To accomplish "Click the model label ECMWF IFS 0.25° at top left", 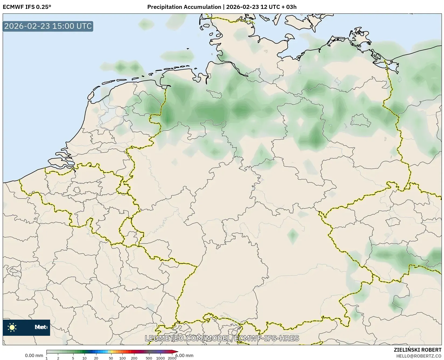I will (x=27, y=7).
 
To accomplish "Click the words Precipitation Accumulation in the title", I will (x=184, y=7).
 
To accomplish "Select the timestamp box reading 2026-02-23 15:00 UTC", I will (x=48, y=26).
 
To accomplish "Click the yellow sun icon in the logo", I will (x=12, y=327).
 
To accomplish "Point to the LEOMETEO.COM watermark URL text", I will (x=222, y=338).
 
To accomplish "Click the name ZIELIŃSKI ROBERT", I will (x=418, y=350).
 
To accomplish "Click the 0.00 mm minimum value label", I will (x=34, y=356).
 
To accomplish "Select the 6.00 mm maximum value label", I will (x=184, y=356).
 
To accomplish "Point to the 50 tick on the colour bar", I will (x=111, y=358).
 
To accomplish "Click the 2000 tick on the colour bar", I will (x=172, y=358).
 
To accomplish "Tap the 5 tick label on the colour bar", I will (x=73, y=358).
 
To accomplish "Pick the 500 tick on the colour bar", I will (x=149, y=358).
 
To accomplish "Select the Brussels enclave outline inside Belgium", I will (x=77, y=190).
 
